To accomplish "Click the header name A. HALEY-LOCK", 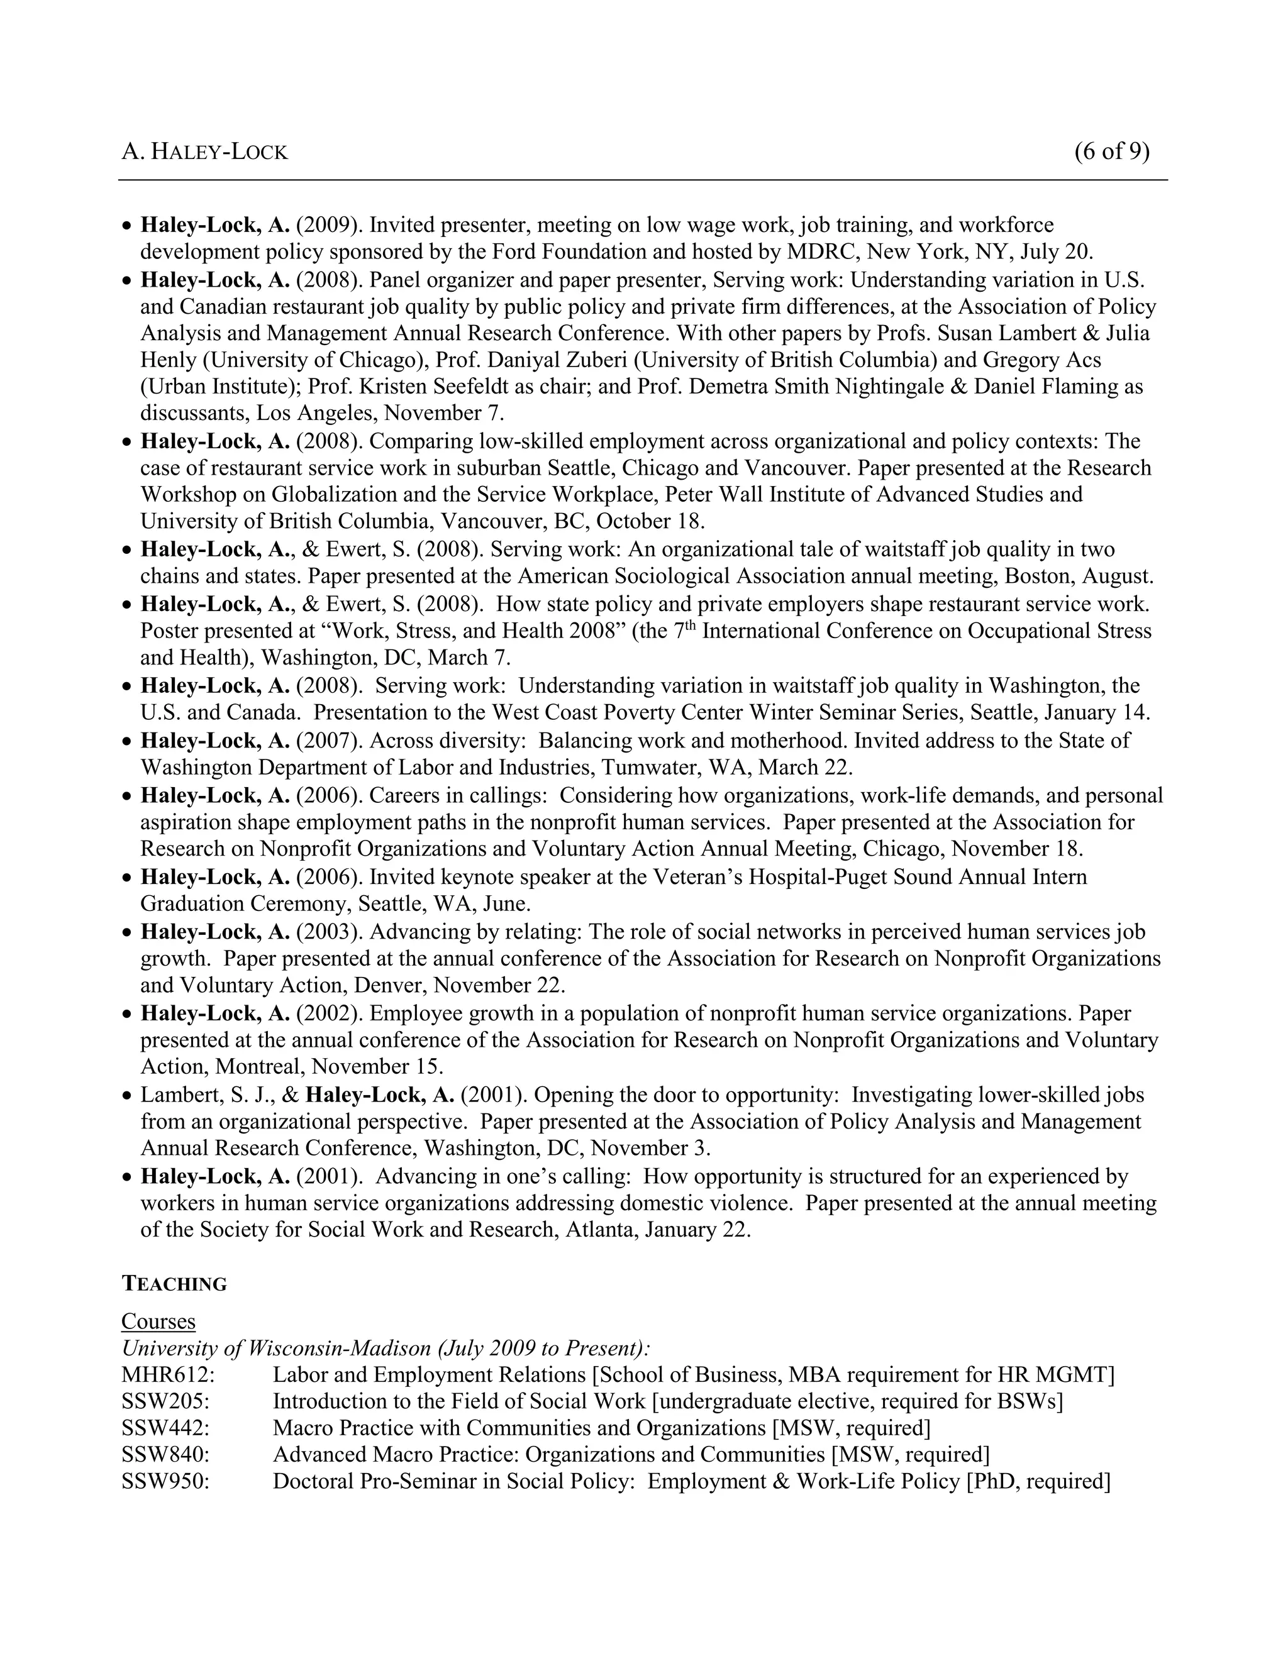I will (204, 153).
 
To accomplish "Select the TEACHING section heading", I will (174, 1284).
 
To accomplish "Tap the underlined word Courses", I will (158, 1321).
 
